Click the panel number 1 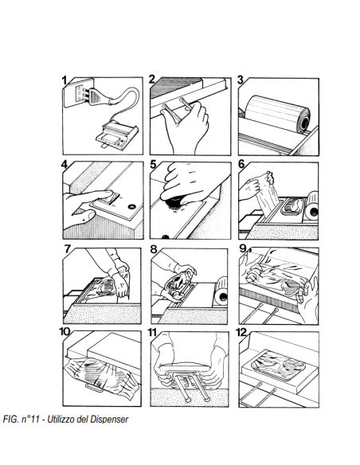65,80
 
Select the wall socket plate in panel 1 79,93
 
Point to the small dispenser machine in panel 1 116,135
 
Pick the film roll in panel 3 278,113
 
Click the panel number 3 241,80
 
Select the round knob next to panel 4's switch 131,206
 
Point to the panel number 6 241,164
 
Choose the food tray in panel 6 293,206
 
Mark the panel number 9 243,248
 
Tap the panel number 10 65,331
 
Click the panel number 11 152,332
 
